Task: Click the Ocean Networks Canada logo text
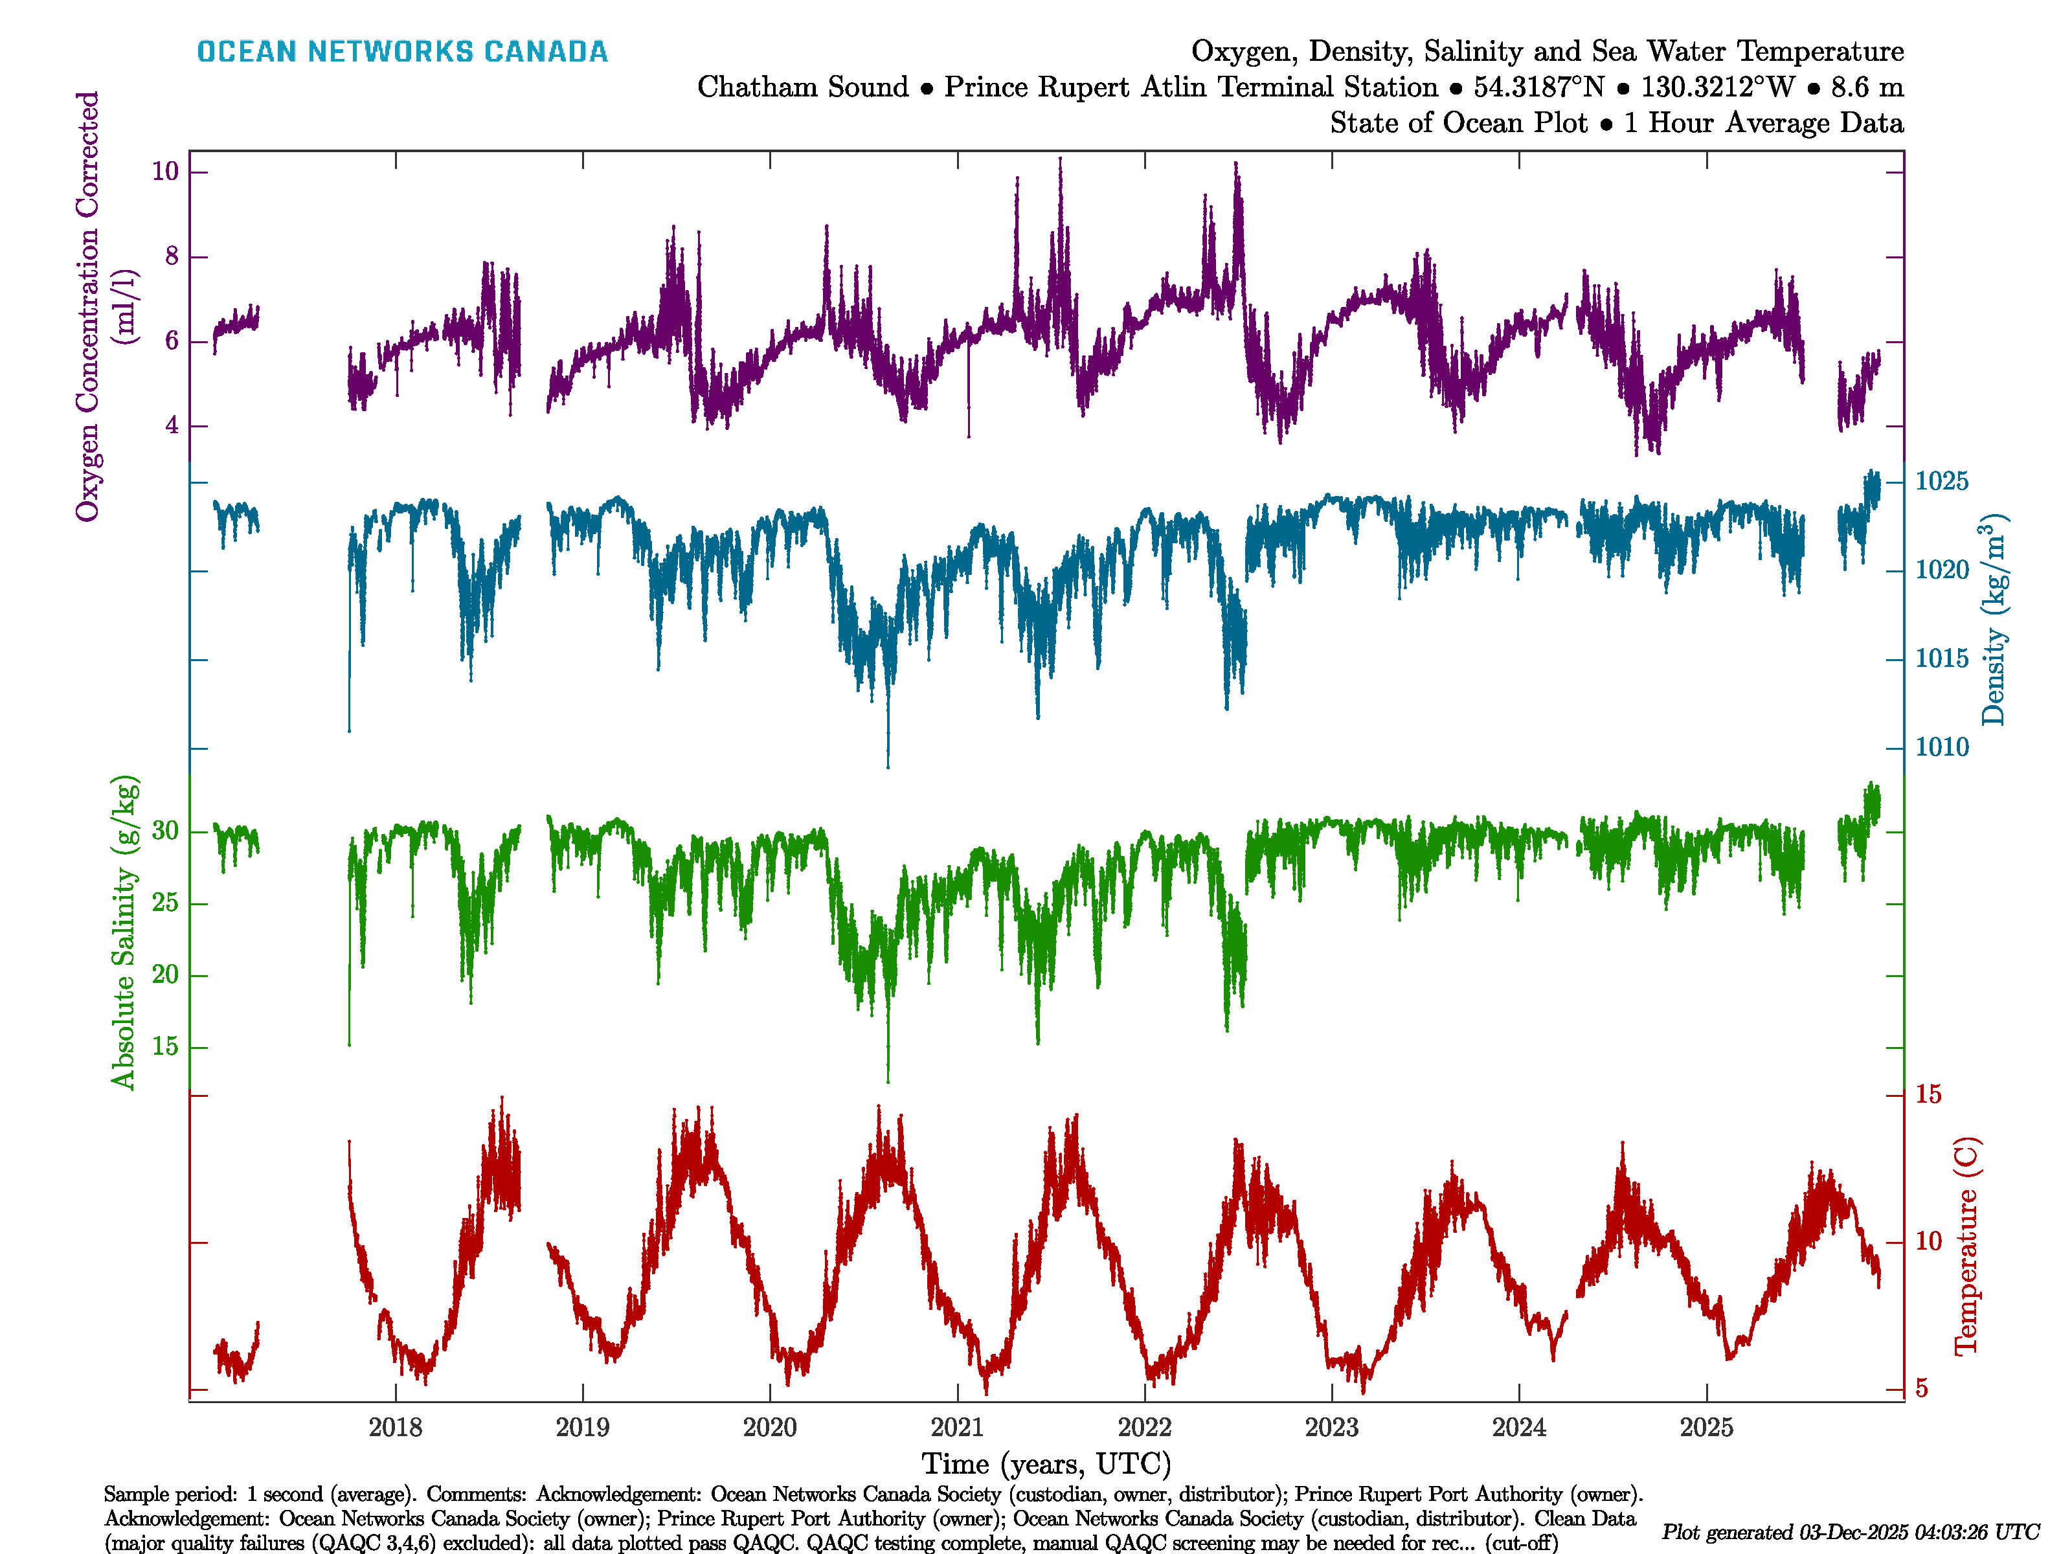402,52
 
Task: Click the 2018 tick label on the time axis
395,1428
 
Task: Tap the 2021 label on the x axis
957,1428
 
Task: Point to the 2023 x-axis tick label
1331,1428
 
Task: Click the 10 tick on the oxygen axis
165,172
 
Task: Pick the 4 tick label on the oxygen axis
172,425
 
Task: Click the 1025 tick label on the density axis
1942,482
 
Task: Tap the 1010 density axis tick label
1942,747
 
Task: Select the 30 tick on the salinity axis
165,831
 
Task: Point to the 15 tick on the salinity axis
165,1046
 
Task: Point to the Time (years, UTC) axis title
1046,1464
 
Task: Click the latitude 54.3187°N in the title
1538,87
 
